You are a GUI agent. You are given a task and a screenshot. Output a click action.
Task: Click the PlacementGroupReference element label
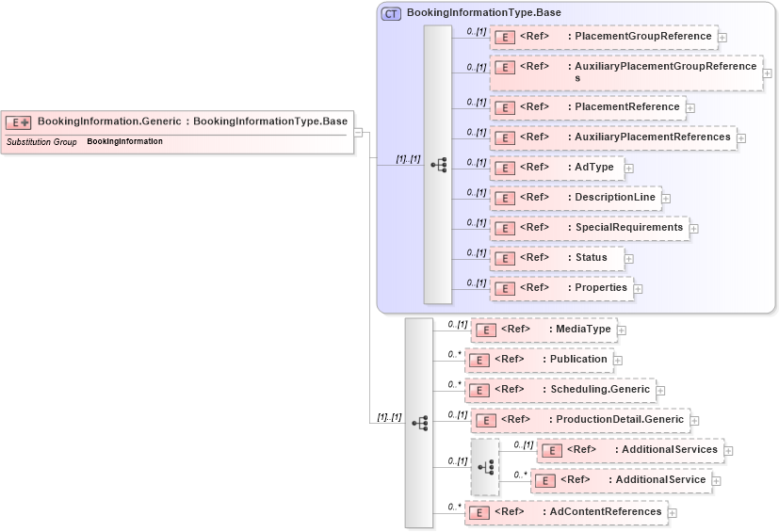coord(643,37)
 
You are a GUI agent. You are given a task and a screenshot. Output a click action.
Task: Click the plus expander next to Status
coord(629,259)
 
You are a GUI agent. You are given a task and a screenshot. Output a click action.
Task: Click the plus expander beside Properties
coord(638,289)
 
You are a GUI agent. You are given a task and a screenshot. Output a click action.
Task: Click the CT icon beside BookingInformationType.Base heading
coord(391,13)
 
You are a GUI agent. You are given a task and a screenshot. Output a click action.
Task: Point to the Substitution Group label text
coord(41,142)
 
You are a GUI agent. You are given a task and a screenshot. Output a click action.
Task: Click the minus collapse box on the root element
coord(359,132)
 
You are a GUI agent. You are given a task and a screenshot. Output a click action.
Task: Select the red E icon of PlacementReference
coord(504,107)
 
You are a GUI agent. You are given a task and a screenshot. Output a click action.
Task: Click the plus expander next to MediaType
coord(622,330)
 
